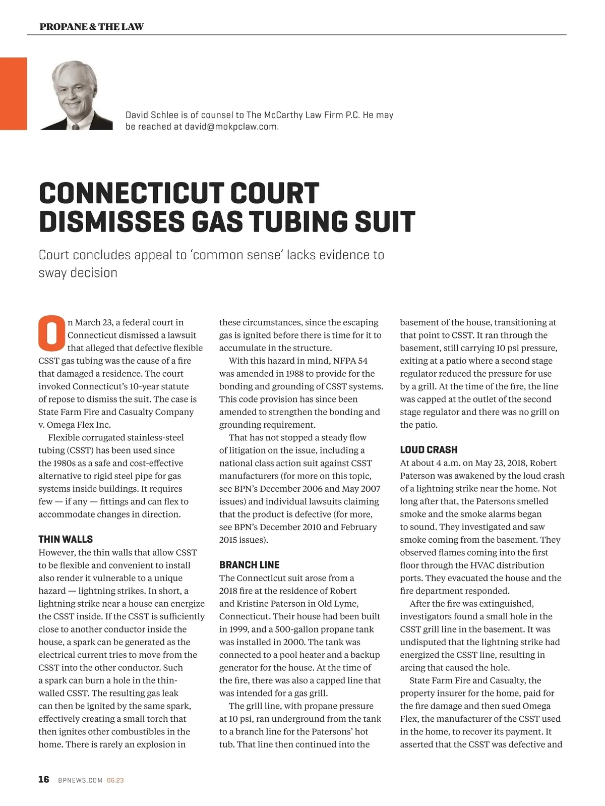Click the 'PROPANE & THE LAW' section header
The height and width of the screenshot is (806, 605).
coord(91,27)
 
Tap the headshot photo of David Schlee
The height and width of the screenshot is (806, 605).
coord(75,96)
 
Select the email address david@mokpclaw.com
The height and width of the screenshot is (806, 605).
coord(231,127)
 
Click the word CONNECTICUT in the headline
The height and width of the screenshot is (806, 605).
coord(130,194)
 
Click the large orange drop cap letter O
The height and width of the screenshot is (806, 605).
coord(51,333)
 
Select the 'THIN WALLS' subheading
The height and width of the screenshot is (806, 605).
coord(66,539)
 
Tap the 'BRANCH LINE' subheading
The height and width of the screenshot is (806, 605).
coord(249,565)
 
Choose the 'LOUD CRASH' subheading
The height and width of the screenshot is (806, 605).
coord(429,450)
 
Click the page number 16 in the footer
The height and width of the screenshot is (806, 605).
coord(44,779)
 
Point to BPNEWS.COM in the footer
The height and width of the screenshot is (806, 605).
coord(80,780)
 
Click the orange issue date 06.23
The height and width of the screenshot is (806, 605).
coord(115,780)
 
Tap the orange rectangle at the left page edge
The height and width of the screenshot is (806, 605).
coord(13,93)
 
